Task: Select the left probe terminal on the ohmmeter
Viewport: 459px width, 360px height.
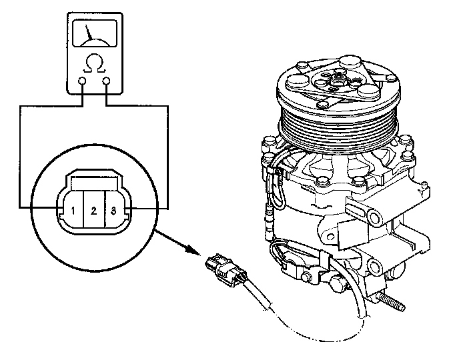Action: pos(82,81)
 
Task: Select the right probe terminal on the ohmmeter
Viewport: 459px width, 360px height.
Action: pos(107,81)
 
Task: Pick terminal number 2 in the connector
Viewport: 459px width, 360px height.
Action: pos(93,211)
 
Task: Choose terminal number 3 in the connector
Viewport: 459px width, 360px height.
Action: pos(114,211)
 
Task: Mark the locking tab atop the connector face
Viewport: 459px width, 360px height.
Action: pos(93,181)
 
